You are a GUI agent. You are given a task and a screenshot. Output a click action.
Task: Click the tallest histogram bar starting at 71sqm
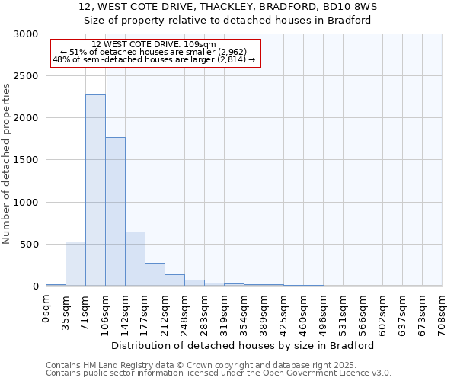click(x=95, y=190)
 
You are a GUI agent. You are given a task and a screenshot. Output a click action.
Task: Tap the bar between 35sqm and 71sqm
click(x=75, y=264)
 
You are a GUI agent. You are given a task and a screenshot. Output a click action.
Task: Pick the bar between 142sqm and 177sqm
click(x=135, y=259)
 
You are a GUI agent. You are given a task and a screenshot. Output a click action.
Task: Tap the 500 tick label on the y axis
click(x=29, y=245)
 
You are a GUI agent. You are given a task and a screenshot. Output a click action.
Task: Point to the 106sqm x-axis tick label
click(x=106, y=311)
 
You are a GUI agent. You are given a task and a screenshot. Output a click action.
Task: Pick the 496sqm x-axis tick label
click(x=324, y=311)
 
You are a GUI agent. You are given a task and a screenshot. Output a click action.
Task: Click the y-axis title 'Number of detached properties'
click(x=7, y=164)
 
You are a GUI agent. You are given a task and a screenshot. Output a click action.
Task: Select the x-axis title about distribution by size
click(x=244, y=345)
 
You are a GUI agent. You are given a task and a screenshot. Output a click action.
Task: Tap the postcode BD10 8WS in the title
click(x=365, y=6)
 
